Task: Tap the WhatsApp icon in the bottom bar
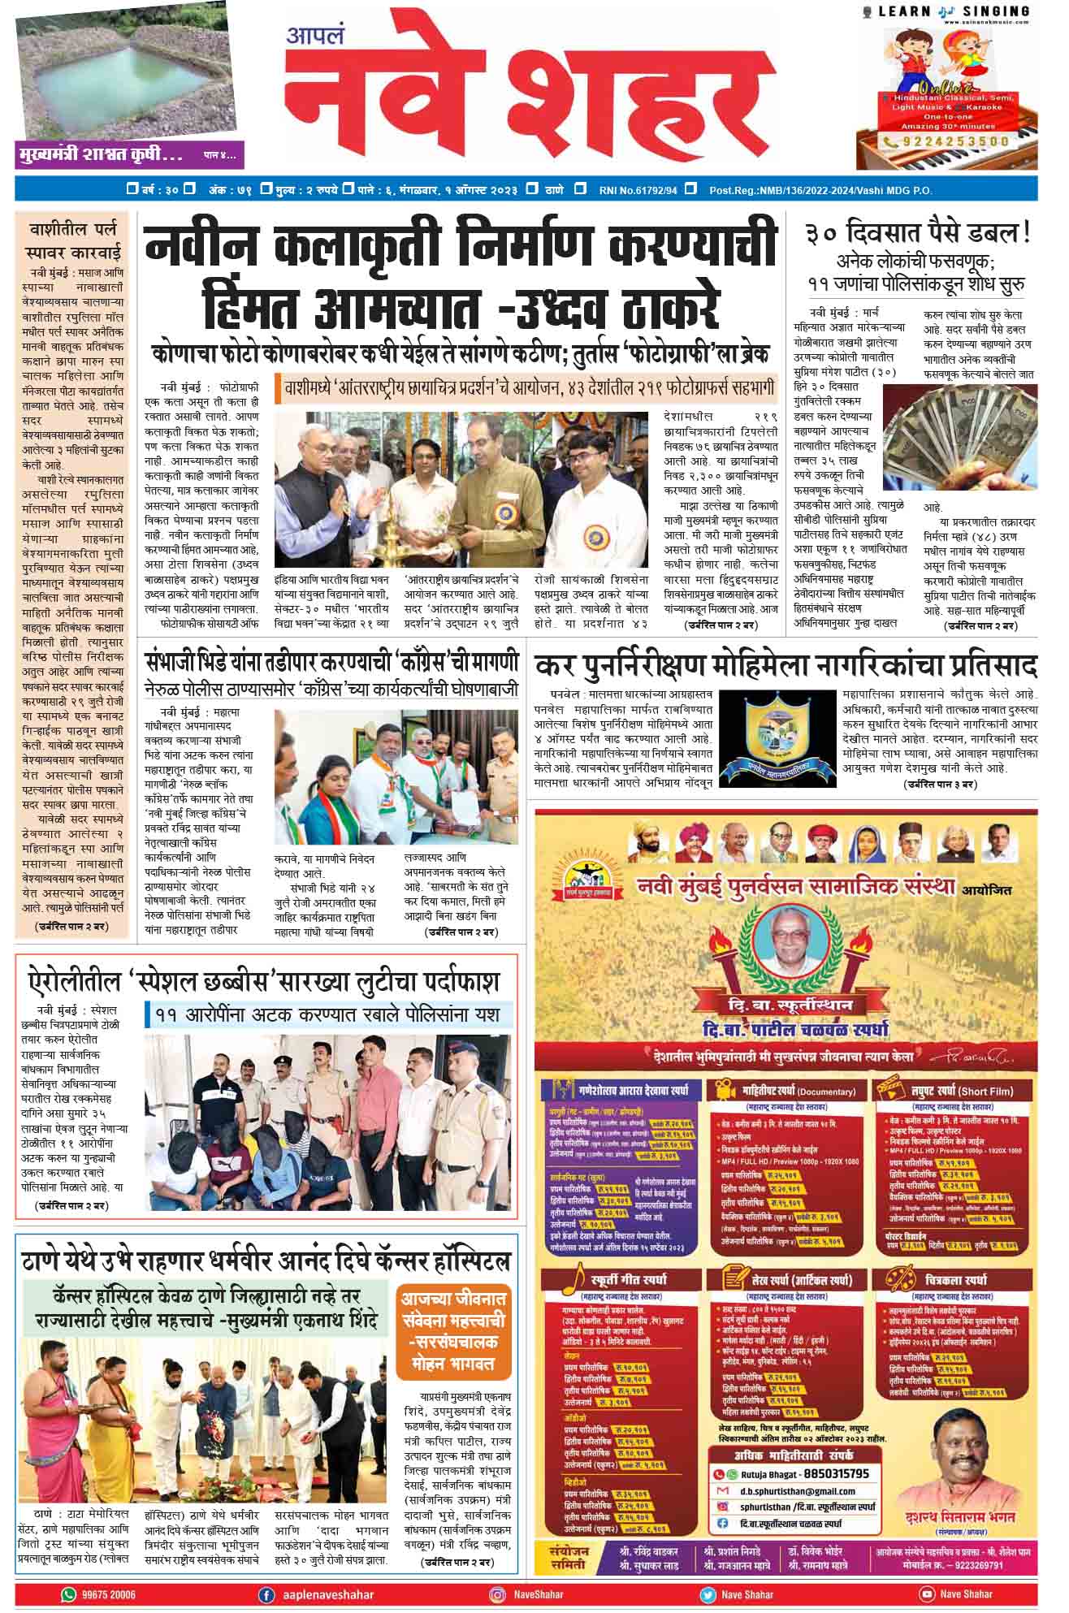[69, 1594]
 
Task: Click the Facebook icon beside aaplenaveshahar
[266, 1595]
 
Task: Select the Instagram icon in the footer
[496, 1595]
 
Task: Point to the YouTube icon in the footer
[925, 1594]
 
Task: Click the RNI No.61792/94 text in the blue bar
[638, 190]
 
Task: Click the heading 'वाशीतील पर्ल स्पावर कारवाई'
[73, 238]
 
